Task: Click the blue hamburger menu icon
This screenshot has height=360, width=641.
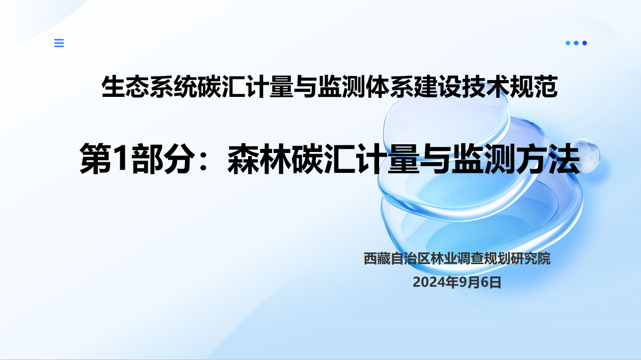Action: click(59, 43)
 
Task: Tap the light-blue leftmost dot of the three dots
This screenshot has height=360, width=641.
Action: click(568, 43)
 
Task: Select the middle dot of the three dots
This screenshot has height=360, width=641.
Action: click(576, 43)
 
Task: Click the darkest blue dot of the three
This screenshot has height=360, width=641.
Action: click(584, 43)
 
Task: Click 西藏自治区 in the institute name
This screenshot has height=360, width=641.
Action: click(397, 259)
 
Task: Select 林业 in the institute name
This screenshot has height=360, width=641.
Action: click(443, 259)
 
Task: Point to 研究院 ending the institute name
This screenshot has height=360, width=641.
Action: click(530, 259)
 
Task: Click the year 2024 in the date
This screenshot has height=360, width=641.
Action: click(427, 282)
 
